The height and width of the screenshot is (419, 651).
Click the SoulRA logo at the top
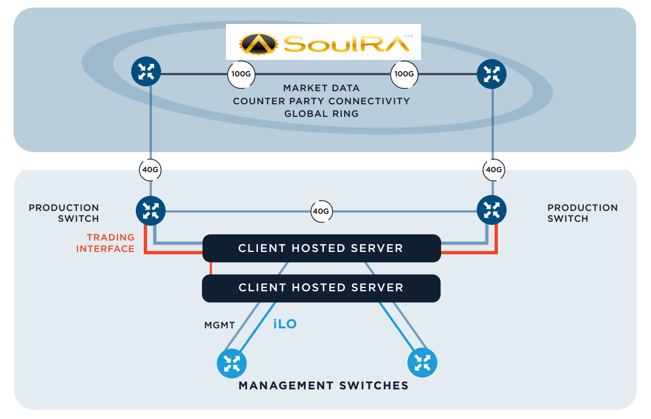[323, 42]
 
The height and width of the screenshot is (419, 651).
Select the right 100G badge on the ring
[404, 74]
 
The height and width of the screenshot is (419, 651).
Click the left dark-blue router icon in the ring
[146, 72]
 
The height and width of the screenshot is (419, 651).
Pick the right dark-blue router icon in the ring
[491, 74]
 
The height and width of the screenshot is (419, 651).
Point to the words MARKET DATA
[321, 88]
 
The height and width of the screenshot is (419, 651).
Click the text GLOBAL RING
[321, 113]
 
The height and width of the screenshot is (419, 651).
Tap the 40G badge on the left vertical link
[151, 169]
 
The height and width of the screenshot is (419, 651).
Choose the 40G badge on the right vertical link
[493, 169]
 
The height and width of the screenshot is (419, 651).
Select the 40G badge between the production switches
[321, 211]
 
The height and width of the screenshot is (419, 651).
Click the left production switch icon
[151, 211]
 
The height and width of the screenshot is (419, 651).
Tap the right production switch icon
[491, 210]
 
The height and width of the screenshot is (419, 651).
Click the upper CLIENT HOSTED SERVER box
[321, 249]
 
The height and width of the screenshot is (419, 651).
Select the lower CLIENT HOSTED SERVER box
[321, 288]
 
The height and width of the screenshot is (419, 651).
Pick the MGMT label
[220, 326]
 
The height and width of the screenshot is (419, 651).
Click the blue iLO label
[285, 324]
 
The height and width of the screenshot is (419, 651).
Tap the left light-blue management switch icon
[232, 363]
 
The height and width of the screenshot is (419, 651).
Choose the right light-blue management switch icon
[422, 362]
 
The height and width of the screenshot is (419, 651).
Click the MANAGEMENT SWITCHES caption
[324, 386]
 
